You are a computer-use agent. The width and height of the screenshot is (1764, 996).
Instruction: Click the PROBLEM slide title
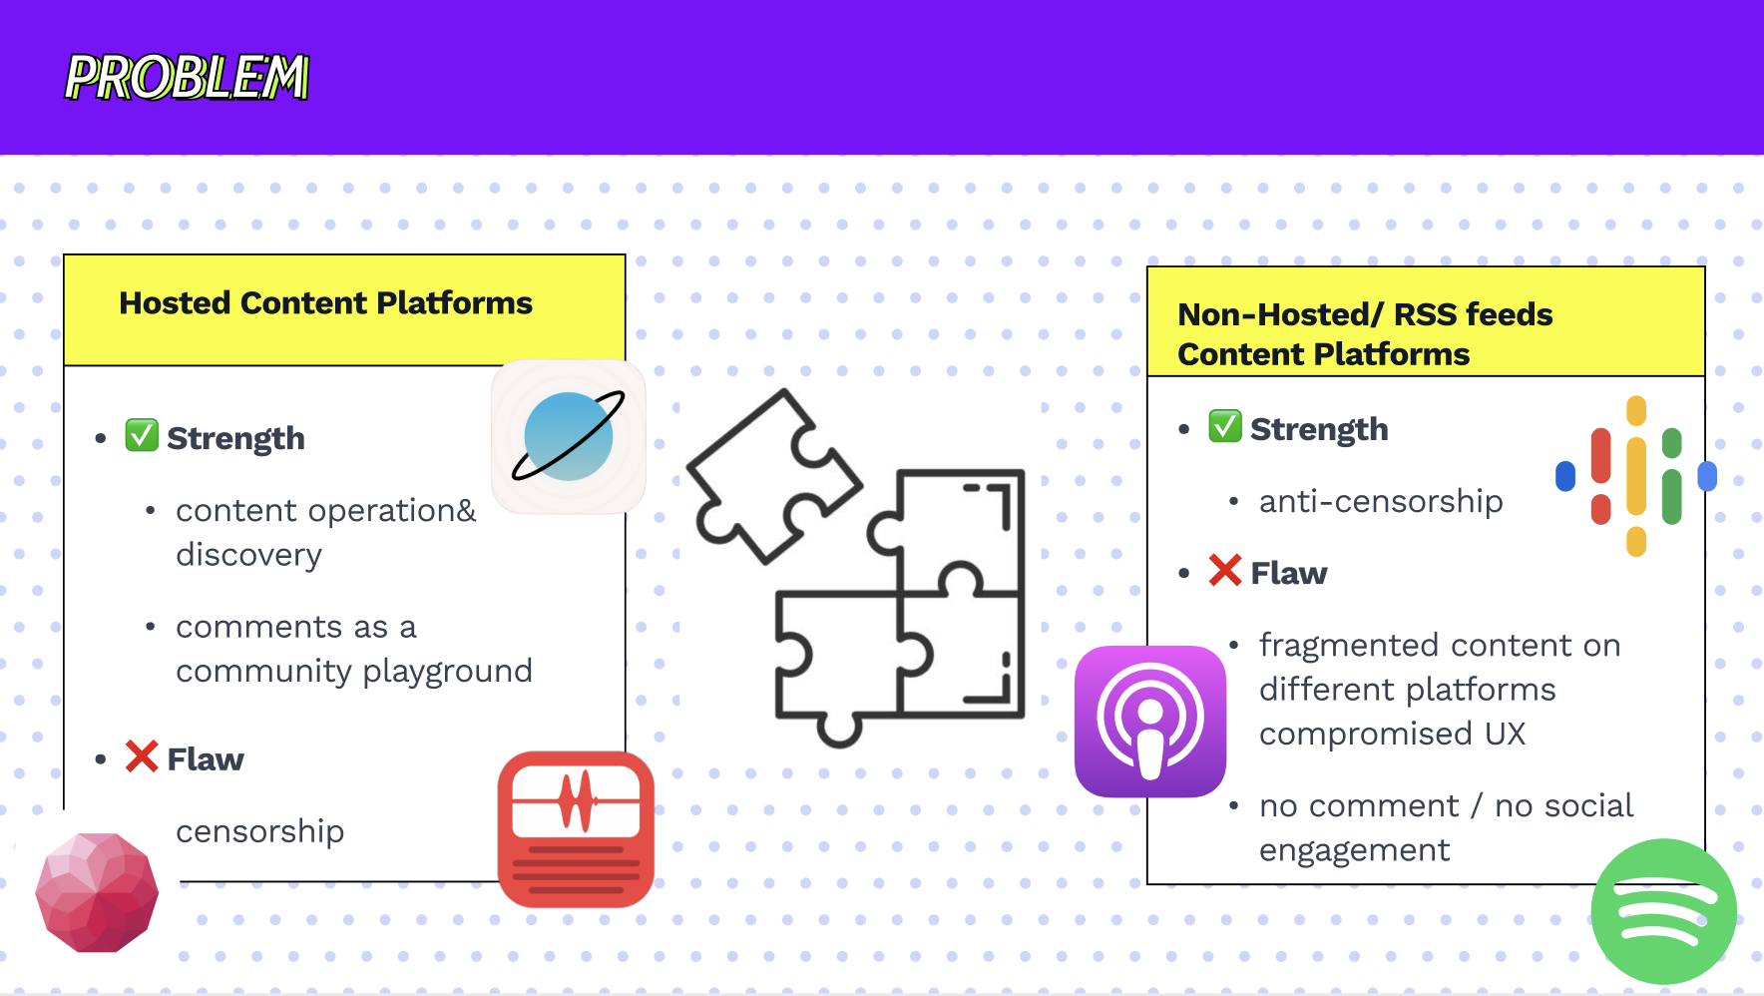(x=187, y=78)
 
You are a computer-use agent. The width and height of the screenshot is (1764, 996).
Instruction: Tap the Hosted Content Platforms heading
(x=325, y=303)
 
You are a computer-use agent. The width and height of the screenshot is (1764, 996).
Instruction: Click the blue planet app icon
(x=569, y=437)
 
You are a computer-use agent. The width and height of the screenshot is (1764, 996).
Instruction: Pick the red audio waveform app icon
(x=576, y=829)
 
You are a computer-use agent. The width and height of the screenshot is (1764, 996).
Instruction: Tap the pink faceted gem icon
(x=97, y=891)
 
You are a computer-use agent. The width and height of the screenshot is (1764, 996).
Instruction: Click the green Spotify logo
(x=1663, y=911)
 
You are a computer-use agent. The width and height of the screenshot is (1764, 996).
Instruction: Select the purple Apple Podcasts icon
(x=1149, y=722)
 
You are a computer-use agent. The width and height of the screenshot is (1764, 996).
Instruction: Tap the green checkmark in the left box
(x=142, y=436)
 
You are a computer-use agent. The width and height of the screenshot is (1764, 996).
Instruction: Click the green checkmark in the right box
(x=1224, y=426)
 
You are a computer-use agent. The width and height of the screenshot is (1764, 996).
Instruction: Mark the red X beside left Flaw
(x=142, y=756)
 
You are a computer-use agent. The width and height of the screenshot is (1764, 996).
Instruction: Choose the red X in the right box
(x=1224, y=571)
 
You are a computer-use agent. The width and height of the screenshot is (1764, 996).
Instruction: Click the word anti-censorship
(x=1381, y=501)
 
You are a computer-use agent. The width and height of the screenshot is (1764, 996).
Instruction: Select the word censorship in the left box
(x=259, y=831)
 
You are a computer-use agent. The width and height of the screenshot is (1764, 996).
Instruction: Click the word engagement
(x=1354, y=850)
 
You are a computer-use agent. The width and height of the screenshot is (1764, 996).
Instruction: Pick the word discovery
(x=248, y=555)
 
